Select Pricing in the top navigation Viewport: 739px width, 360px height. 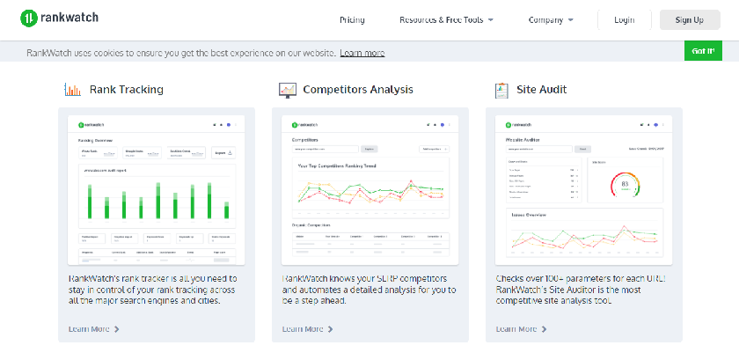[352, 19]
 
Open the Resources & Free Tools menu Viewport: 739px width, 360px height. [446, 19]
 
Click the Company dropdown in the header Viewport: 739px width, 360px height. [551, 19]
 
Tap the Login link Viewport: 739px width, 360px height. [625, 19]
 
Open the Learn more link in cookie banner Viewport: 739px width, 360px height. [362, 53]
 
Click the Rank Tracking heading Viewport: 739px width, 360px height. [126, 89]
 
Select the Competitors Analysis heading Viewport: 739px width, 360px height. [357, 89]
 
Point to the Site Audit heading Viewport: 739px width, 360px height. [542, 89]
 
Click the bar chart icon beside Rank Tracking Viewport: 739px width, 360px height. [72, 89]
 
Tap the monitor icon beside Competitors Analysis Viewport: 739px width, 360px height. [288, 89]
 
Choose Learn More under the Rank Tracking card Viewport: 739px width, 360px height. [93, 329]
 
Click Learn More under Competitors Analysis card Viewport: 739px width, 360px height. [307, 329]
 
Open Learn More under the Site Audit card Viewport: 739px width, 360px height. [521, 329]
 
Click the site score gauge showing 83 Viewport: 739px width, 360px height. [626, 185]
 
